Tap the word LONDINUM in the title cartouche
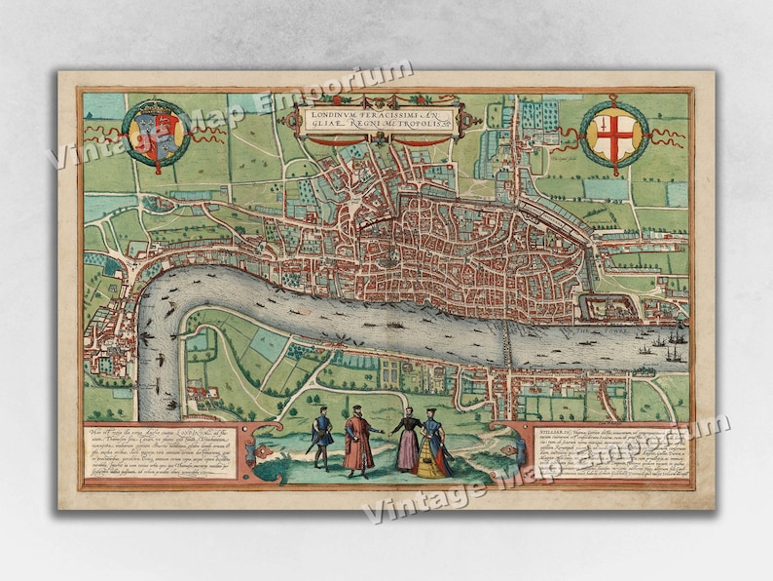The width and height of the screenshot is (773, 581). [333, 115]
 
